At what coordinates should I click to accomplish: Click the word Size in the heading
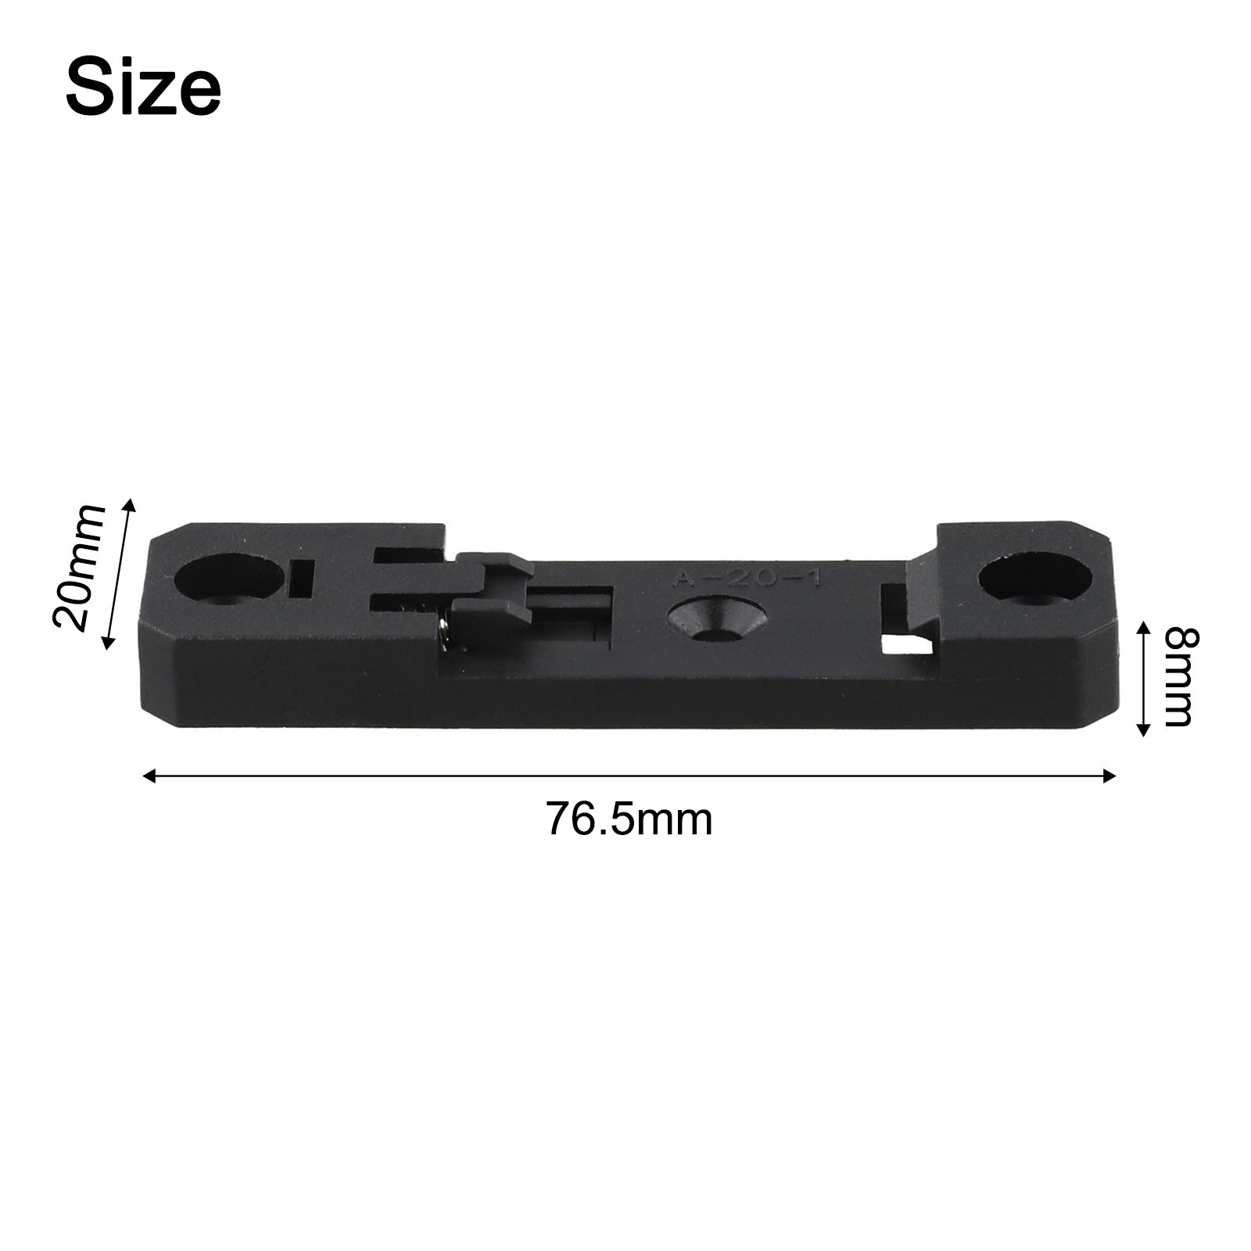point(143,88)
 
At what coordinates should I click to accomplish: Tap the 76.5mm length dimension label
point(629,819)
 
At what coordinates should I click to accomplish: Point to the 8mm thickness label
point(1178,678)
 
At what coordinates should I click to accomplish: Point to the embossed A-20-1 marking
point(747,579)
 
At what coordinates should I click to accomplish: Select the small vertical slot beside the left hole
point(301,578)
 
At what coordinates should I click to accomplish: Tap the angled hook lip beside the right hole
point(922,594)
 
